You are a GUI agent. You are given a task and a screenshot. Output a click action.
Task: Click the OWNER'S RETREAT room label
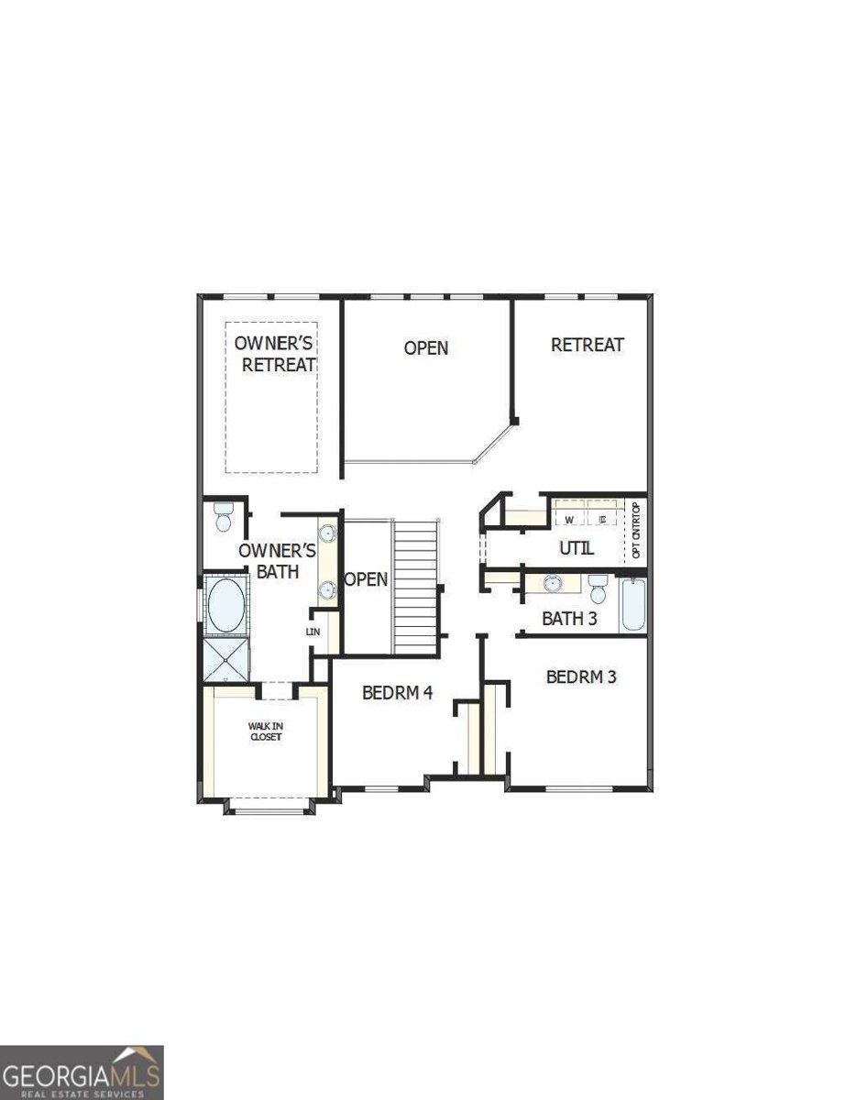274,354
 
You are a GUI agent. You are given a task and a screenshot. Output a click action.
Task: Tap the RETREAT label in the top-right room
588,345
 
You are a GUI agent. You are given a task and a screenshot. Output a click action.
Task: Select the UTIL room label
577,548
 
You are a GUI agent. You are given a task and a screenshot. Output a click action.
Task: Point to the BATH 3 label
569,619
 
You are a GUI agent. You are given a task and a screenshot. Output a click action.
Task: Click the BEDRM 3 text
581,677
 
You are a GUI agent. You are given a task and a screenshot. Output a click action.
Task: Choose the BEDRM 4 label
397,693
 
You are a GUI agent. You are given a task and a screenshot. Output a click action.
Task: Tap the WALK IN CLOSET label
265,731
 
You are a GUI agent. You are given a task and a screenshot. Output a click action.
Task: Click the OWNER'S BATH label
278,561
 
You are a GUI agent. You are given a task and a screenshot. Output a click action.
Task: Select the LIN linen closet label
313,632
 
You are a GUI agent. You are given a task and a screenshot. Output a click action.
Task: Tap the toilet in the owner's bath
223,517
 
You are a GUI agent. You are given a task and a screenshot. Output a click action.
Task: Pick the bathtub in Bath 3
633,606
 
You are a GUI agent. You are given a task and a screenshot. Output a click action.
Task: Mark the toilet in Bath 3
598,588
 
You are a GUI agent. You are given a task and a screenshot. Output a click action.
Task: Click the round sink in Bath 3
551,583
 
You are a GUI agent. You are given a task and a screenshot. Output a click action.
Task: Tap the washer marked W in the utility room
568,520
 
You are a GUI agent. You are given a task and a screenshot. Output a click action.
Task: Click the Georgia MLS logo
82,1072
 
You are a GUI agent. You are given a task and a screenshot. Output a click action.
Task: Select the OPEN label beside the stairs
366,580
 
